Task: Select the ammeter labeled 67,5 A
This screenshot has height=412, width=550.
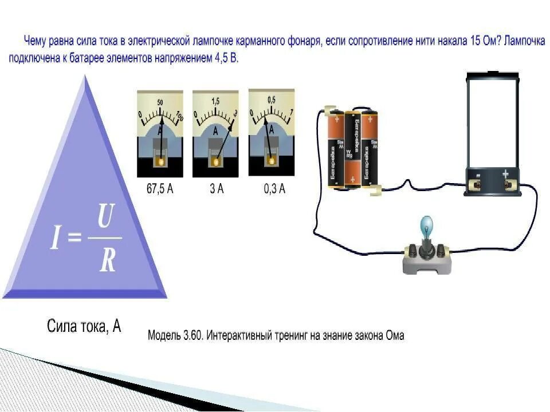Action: pyautogui.click(x=160, y=133)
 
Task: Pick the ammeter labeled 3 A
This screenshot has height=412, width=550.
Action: pyautogui.click(x=215, y=133)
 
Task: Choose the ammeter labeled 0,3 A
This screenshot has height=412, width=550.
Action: pyautogui.click(x=271, y=132)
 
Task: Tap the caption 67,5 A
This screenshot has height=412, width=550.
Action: pyautogui.click(x=160, y=189)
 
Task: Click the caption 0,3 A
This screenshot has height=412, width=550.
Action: pyautogui.click(x=274, y=189)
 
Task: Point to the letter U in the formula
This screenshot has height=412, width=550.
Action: pyautogui.click(x=105, y=217)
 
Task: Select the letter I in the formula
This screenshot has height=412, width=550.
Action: pyautogui.click(x=55, y=239)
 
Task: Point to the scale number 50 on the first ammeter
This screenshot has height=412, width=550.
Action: pyautogui.click(x=160, y=102)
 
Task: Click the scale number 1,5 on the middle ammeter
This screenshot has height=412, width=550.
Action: pyautogui.click(x=215, y=101)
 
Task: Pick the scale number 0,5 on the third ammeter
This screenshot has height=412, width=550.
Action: pyautogui.click(x=271, y=100)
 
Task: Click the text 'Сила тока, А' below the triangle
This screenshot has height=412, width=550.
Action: pyautogui.click(x=84, y=327)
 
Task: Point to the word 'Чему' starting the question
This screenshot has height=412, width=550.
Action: pyautogui.click(x=35, y=42)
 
